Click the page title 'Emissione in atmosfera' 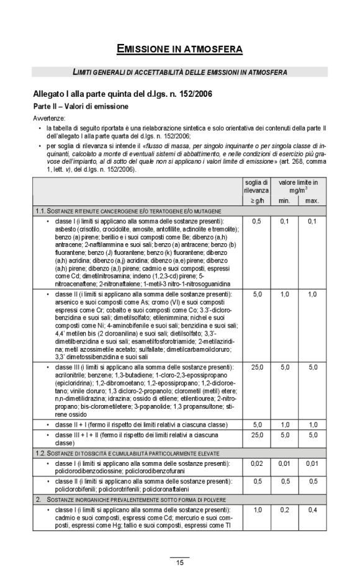[x=179, y=48]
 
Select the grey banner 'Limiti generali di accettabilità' [x=179, y=73]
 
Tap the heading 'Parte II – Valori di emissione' [x=80, y=106]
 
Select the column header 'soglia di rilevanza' [x=256, y=186]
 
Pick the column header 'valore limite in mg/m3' [x=298, y=186]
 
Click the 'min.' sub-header [x=284, y=200]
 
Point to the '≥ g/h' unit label [x=256, y=200]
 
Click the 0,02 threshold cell [x=256, y=463]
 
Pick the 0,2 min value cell [x=284, y=509]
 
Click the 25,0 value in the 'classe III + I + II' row [x=256, y=435]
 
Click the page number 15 [x=179, y=563]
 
